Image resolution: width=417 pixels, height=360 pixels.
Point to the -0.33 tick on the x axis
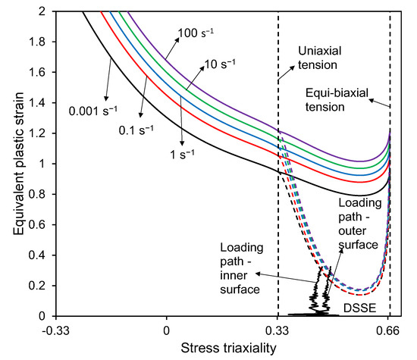pos(54,330)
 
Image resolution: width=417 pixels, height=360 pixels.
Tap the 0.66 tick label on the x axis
pos(390,330)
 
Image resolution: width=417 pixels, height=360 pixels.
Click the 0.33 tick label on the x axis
pos(278,330)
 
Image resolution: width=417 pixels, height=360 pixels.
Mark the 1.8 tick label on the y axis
pos(36,42)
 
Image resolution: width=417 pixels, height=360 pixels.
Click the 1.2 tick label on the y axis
pos(36,133)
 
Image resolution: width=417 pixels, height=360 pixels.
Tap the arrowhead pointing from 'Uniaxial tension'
pos(279,80)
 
